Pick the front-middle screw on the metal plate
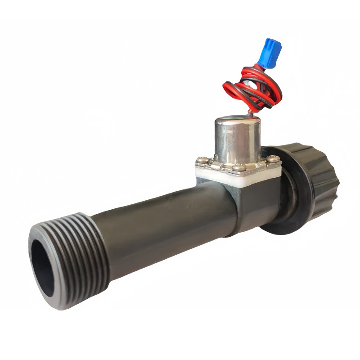coord(240,168)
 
